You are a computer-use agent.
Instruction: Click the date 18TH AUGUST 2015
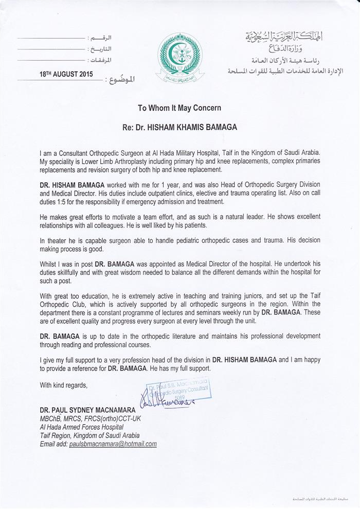[66, 74]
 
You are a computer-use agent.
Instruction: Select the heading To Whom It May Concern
[179, 109]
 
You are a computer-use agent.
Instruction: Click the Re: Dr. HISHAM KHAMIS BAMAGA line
[179, 124]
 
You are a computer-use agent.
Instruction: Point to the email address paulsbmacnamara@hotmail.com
[113, 443]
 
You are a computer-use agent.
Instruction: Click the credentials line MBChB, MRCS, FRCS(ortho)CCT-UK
[90, 418]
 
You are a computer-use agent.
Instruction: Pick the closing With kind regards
[64, 385]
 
